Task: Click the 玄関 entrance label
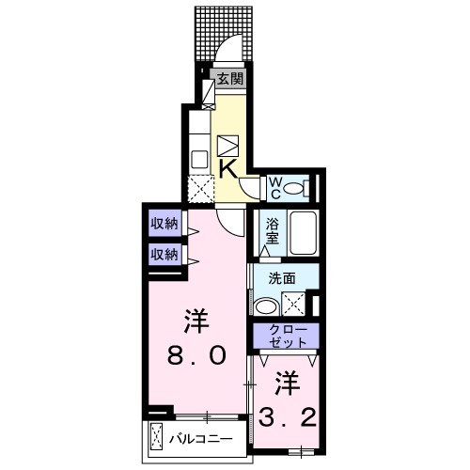coord(230,79)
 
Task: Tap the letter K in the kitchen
coord(227,167)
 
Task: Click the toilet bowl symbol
coord(296,188)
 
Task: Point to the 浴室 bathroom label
coord(272,231)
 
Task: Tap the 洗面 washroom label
coord(282,278)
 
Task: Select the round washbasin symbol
coord(266,305)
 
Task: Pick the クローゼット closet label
coord(285,336)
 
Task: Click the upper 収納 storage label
coord(164,224)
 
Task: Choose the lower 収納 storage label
coord(164,254)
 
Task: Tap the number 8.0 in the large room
coord(197,354)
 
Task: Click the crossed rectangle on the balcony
coord(157,437)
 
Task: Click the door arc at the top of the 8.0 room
coord(228,219)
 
